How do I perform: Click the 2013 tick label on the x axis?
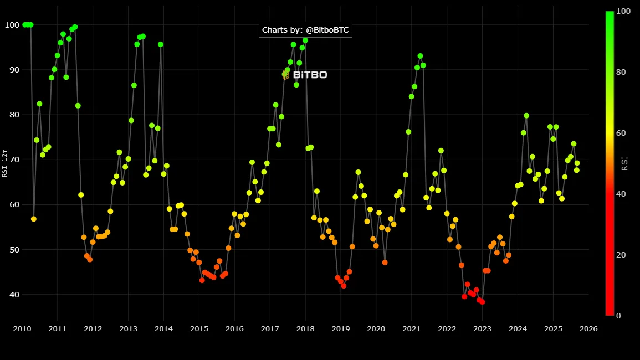[x=128, y=328]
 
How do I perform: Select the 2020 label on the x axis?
[x=376, y=328]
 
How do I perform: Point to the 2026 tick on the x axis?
[x=588, y=328]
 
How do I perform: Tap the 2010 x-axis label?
[x=22, y=328]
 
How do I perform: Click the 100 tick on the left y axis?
[x=12, y=25]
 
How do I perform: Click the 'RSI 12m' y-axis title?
[x=4, y=163]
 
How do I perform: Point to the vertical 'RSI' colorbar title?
[x=624, y=163]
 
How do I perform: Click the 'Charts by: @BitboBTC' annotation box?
[x=305, y=30]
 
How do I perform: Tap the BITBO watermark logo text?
[x=310, y=74]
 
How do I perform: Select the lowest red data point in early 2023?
[x=482, y=302]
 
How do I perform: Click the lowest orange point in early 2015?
[x=202, y=280]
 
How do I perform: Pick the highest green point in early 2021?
[x=420, y=56]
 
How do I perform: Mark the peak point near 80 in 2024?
[x=526, y=116]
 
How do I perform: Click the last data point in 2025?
[x=577, y=163]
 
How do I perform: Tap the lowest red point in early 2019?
[x=344, y=286]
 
